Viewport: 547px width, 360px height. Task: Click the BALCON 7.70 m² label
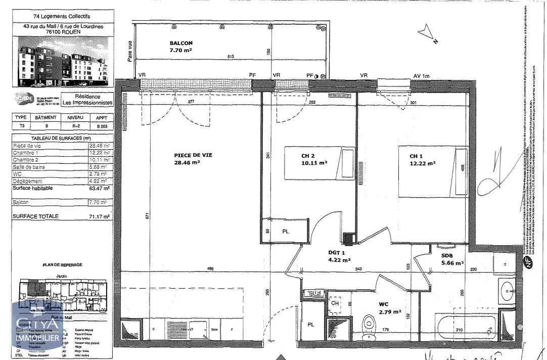180,47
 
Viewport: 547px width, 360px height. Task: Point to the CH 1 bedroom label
422,160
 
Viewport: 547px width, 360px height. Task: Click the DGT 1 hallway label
337,257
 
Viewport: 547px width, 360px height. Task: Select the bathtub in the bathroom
466,328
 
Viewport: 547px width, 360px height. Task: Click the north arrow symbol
428,34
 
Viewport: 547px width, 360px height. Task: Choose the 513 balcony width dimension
231,57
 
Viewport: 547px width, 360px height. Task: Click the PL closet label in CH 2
285,232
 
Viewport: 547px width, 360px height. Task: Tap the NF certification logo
529,262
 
